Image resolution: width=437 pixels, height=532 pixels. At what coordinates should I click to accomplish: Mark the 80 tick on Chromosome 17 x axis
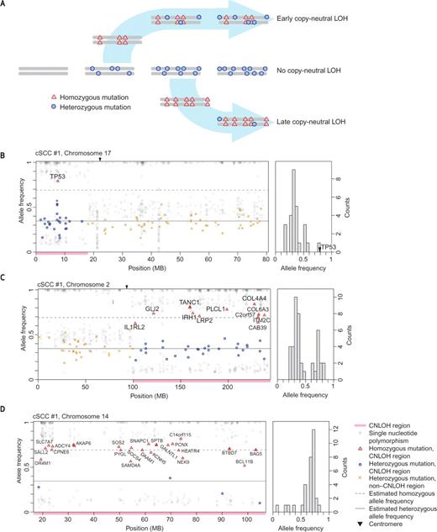[x=264, y=261]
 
